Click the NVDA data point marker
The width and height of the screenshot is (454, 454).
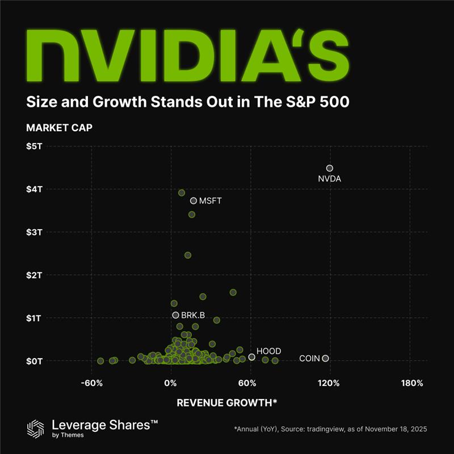point(330,168)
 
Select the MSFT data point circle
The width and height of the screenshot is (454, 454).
point(194,201)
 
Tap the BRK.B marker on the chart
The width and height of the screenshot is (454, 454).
point(175,315)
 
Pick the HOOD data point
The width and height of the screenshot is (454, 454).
point(251,357)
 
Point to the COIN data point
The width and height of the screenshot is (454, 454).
point(325,358)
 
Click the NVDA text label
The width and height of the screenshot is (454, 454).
point(330,179)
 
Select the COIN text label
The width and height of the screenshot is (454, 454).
point(309,359)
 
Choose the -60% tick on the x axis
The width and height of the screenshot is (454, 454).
point(91,383)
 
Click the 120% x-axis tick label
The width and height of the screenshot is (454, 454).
point(329,383)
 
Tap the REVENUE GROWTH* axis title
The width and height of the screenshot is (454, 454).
point(227,403)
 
